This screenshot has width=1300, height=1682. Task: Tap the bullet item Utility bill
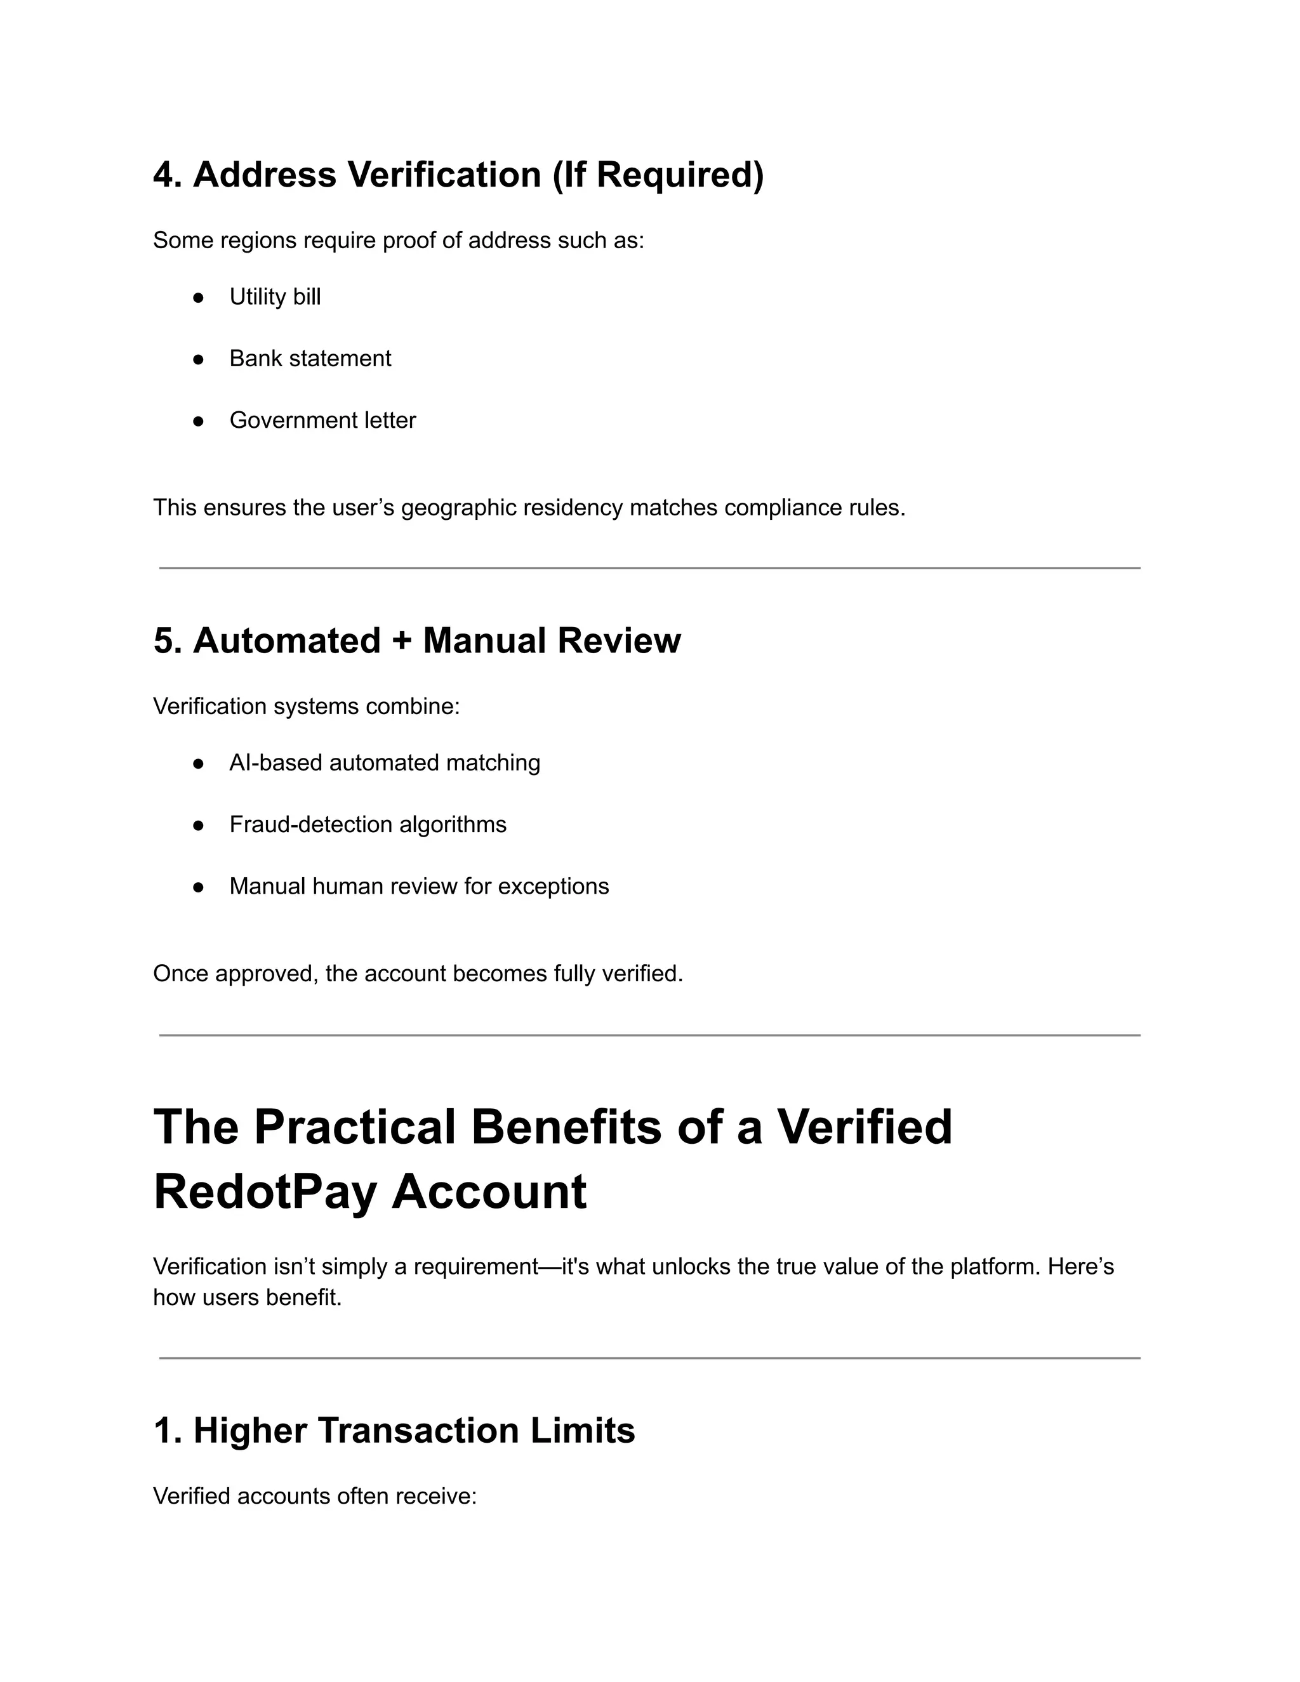274,297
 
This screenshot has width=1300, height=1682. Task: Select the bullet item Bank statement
310,359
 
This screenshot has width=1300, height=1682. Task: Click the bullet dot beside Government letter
198,421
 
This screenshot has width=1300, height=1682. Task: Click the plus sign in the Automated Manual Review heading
401,642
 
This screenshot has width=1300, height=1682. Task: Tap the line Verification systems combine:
306,706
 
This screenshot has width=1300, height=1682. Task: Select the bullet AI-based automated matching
384,763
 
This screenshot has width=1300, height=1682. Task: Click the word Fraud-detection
310,825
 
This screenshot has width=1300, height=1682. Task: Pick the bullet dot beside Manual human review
198,887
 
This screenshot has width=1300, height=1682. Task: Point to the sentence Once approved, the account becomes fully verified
418,974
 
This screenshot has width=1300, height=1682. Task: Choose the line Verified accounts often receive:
314,1497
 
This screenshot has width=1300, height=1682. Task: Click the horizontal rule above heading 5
649,568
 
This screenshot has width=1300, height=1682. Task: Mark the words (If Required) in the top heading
658,175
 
